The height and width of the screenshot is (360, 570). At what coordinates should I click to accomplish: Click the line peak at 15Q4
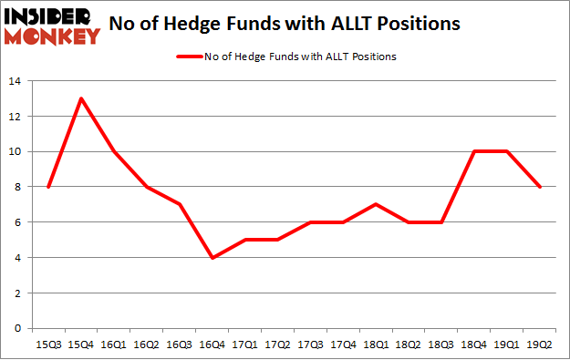click(81, 98)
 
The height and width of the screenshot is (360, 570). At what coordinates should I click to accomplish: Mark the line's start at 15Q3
click(47, 187)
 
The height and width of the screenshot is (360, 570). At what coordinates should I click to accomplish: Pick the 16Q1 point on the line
click(114, 151)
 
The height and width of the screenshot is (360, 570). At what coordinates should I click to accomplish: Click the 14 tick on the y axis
click(16, 81)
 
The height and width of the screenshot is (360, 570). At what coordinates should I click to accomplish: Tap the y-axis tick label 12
click(16, 117)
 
